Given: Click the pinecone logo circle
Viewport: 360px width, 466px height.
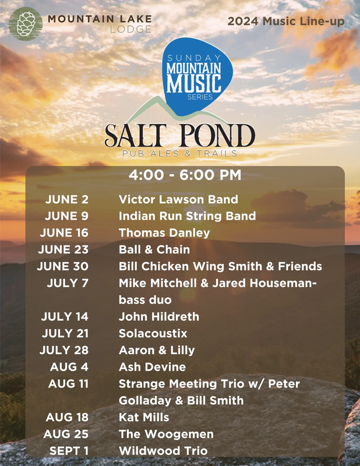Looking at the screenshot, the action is tap(26, 24).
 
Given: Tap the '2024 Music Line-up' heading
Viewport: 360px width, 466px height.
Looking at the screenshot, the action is tap(286, 22).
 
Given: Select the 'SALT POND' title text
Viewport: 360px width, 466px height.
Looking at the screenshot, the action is tap(180, 136).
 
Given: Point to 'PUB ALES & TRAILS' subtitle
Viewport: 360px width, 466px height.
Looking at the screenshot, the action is tap(179, 153).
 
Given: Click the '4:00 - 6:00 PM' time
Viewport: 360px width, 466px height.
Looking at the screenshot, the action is tap(185, 175).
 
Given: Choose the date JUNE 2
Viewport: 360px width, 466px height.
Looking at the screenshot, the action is tap(67, 199).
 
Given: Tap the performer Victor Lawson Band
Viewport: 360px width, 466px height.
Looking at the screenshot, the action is tap(178, 199).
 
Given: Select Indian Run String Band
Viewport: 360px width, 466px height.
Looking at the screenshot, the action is tap(188, 216).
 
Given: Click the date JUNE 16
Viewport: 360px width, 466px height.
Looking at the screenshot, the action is tap(64, 232).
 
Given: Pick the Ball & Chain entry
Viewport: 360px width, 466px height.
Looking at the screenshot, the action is tap(154, 250).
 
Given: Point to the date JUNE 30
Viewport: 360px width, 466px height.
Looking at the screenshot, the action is tap(63, 266).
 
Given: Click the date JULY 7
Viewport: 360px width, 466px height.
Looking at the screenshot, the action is tap(68, 283).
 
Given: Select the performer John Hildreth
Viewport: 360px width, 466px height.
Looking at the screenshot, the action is tap(159, 316).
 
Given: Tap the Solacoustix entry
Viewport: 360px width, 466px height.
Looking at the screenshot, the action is tap(153, 333).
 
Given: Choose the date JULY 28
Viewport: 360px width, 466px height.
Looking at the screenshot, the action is tap(64, 350).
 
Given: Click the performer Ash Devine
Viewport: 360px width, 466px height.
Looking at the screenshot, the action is tap(153, 367).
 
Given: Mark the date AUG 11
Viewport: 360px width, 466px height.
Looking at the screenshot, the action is tap(69, 384).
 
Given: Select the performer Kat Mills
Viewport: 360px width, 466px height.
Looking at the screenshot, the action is tap(144, 417).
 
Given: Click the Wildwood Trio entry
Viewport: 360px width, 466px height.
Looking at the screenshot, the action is tap(163, 451).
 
